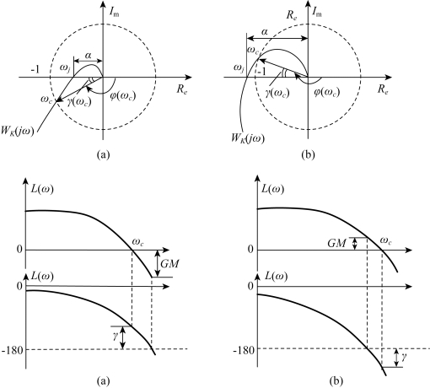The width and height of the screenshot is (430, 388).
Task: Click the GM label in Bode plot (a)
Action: coord(169,264)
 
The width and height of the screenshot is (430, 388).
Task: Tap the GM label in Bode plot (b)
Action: coord(336,243)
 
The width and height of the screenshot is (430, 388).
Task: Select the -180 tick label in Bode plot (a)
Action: coord(12,351)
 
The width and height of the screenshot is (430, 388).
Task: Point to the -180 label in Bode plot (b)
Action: coord(244,351)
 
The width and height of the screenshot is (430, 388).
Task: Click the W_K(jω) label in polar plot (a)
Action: coord(18,132)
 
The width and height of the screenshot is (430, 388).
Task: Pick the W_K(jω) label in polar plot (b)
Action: coord(248,138)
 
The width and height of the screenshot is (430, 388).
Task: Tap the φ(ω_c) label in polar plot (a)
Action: coord(123,96)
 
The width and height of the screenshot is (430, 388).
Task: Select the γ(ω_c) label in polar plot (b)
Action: coord(277,93)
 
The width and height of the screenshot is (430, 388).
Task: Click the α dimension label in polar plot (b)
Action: coord(264,32)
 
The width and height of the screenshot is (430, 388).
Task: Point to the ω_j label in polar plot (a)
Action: coord(65,67)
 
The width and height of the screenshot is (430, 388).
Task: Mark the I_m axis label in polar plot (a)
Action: coord(114,12)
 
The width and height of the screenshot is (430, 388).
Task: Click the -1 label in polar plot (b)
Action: coord(261,72)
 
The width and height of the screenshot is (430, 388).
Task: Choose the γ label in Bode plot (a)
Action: coord(116,336)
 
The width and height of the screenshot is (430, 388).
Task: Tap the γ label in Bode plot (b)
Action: coord(404,357)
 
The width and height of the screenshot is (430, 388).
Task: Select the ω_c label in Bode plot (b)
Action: coord(385,240)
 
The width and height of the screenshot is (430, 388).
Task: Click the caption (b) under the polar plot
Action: coord(308,154)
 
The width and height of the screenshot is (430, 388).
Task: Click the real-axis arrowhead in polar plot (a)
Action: coord(189,77)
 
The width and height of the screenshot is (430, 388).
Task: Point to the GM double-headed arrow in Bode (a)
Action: coord(158,264)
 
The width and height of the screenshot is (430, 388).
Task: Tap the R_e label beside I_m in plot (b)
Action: coord(292,15)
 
